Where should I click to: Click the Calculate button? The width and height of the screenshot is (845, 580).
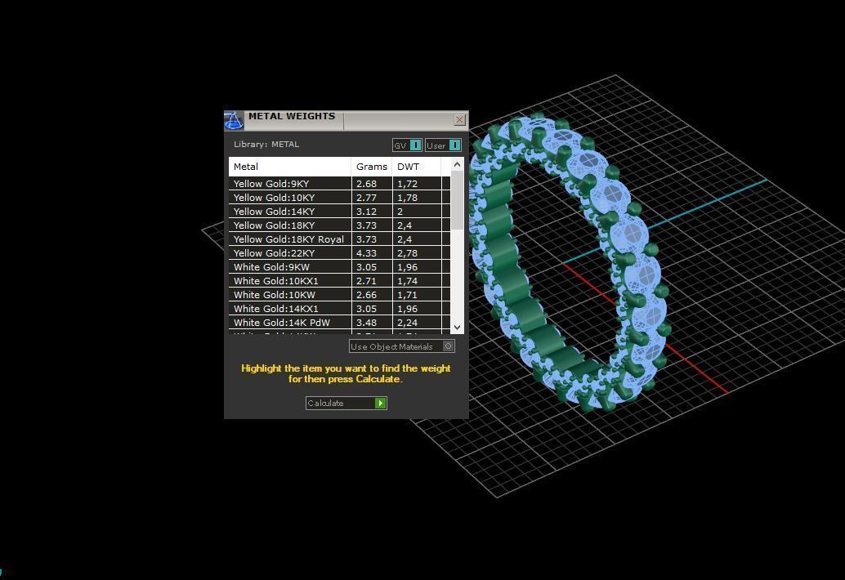346,403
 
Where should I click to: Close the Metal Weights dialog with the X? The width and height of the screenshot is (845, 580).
459,120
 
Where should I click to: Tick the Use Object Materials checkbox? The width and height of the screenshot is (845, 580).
448,346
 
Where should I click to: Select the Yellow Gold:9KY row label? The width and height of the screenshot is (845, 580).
271,184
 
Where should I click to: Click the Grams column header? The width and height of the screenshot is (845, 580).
372,167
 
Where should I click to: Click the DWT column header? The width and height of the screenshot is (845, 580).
408,167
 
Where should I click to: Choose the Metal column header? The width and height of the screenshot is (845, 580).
246,167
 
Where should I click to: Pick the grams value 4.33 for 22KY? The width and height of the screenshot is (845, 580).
366,253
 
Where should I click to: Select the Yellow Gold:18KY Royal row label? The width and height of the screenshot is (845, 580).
288,239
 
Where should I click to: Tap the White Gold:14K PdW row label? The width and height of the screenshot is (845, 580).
282,323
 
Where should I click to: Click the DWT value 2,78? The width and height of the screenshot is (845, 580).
407,253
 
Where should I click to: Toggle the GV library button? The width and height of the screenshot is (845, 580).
407,145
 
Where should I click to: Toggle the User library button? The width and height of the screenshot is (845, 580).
443,145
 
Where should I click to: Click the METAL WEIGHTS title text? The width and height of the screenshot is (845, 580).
292,116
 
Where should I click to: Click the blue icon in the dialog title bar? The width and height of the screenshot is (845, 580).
234,121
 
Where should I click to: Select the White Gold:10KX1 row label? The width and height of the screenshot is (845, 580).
276,281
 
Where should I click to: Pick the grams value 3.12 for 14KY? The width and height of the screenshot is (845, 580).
366,212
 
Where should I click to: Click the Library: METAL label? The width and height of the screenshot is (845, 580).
266,145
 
